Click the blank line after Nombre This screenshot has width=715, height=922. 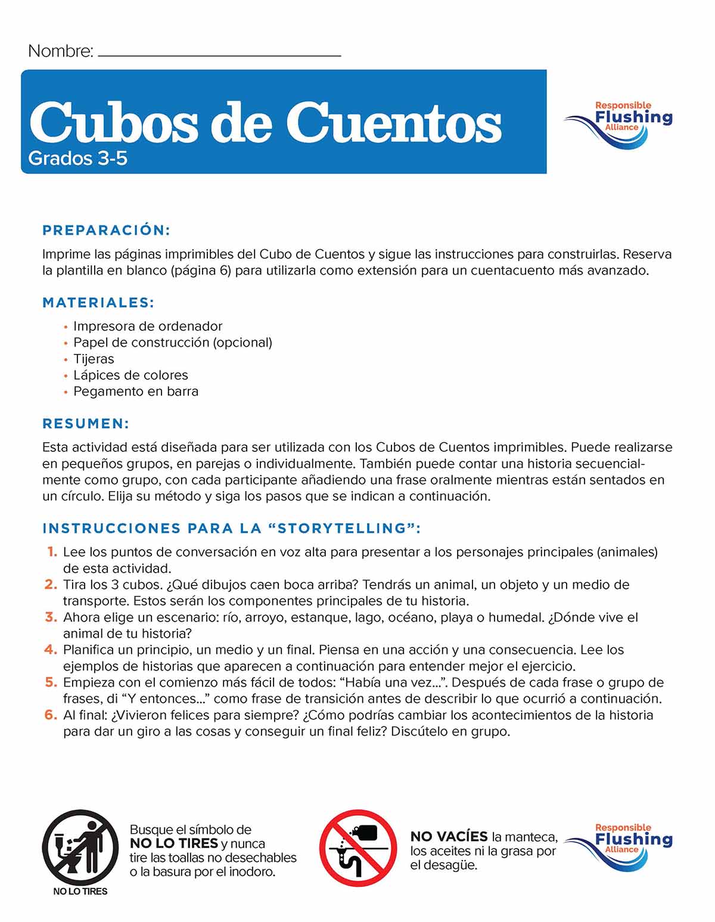(219, 54)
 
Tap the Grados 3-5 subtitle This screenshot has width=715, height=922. (77, 159)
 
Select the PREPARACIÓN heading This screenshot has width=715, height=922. (107, 231)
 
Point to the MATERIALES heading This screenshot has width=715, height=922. (98, 303)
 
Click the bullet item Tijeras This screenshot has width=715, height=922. (94, 359)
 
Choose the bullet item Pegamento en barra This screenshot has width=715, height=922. (136, 392)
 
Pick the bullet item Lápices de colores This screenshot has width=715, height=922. (130, 375)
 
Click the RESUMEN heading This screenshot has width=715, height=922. (86, 424)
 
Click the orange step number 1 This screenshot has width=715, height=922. (52, 552)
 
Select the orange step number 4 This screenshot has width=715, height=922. (51, 650)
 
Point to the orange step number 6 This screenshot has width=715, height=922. (51, 715)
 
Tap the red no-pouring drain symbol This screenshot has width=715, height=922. (358, 848)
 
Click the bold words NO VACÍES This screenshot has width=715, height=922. (449, 836)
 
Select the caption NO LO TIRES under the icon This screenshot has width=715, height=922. (80, 892)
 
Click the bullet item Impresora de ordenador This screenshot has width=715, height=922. (148, 327)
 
